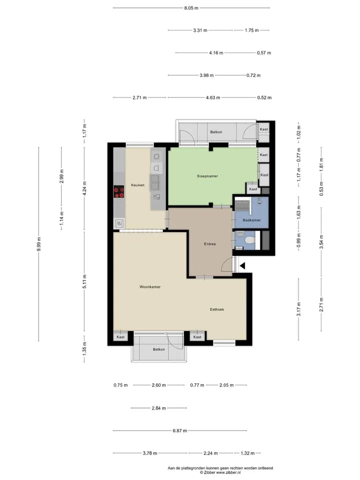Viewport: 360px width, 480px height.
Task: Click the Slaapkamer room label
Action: point(207,176)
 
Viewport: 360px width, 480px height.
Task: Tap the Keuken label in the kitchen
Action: point(138,185)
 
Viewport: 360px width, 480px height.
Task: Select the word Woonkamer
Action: point(150,287)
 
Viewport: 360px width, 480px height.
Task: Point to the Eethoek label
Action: point(216,309)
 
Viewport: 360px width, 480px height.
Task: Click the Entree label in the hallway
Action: point(210,244)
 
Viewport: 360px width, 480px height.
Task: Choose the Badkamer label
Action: point(251,220)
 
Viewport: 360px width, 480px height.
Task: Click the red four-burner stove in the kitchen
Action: point(119,192)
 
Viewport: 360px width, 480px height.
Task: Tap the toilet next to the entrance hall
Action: point(248,240)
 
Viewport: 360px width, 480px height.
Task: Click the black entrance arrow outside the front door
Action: point(242,266)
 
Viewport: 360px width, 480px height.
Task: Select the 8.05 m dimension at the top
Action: point(191,8)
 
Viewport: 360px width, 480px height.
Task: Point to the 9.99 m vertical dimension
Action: point(38,244)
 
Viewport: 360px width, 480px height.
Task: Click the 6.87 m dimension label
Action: point(179,430)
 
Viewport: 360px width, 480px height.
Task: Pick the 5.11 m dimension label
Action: point(84,281)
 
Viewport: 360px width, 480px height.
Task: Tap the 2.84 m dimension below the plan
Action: point(158,408)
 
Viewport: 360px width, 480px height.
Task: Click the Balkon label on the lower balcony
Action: point(159,349)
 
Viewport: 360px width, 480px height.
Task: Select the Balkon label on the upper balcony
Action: point(216,132)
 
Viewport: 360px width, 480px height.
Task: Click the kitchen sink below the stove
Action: point(119,224)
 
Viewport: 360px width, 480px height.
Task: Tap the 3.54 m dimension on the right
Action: point(321,242)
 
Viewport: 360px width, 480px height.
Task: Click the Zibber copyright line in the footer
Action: point(220,472)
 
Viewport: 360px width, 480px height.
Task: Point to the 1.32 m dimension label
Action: point(247,453)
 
